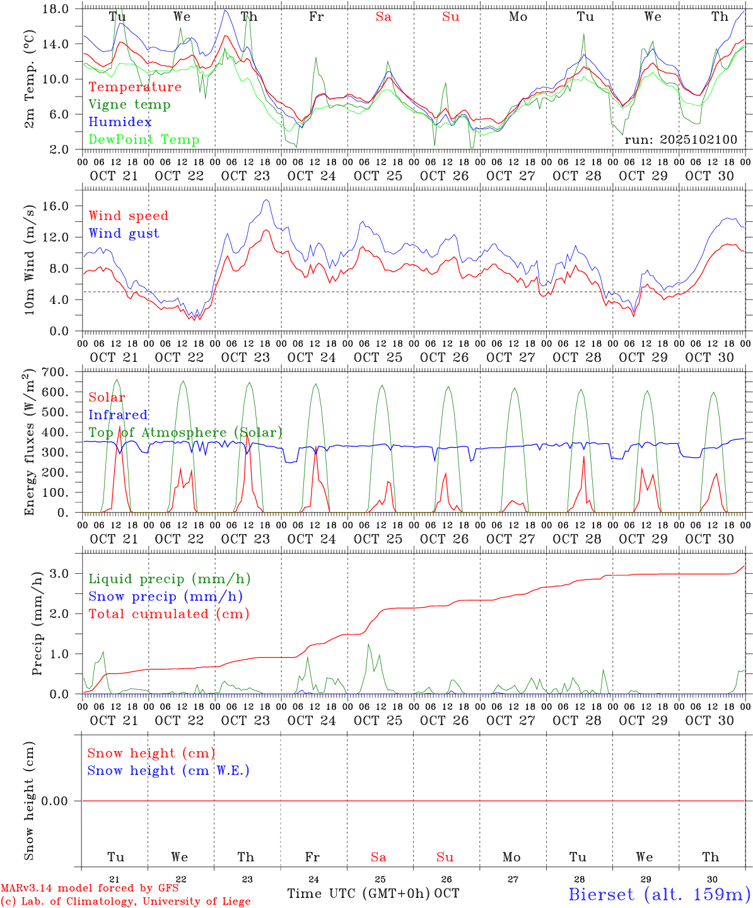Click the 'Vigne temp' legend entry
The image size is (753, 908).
pos(129,105)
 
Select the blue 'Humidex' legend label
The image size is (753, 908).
pos(120,122)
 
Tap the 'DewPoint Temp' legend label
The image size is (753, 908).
pos(144,140)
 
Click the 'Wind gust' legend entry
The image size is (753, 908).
pos(124,233)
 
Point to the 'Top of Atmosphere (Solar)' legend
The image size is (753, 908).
pos(185,433)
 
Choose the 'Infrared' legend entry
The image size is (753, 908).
pos(119,415)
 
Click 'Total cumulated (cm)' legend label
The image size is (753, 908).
pos(169,614)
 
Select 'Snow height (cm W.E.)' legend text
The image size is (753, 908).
pos(168,771)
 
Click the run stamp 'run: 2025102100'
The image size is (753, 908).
pos(681,140)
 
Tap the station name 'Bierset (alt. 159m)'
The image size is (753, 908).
pos(659,894)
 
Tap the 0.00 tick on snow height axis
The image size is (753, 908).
pos(60,801)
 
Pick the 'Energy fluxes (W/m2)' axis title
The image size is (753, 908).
pos(29,444)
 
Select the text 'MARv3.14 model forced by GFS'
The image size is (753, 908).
pos(90,888)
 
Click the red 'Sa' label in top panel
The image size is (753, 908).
pos(383,17)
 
